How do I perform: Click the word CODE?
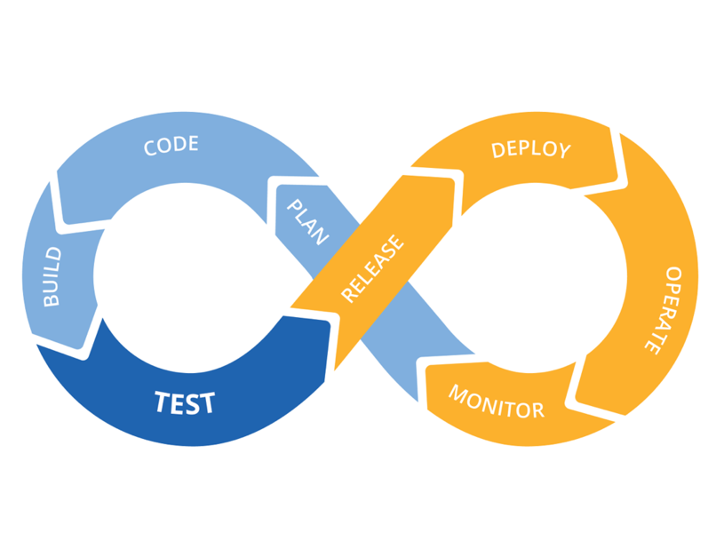point(171,146)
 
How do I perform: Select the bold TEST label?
point(185,403)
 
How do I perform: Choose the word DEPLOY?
point(530,148)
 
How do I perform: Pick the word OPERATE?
point(664,311)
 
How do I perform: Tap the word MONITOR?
point(496,402)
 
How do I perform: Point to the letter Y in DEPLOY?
point(563,151)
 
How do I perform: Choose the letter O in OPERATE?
point(673,275)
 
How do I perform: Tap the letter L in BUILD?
point(52,266)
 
